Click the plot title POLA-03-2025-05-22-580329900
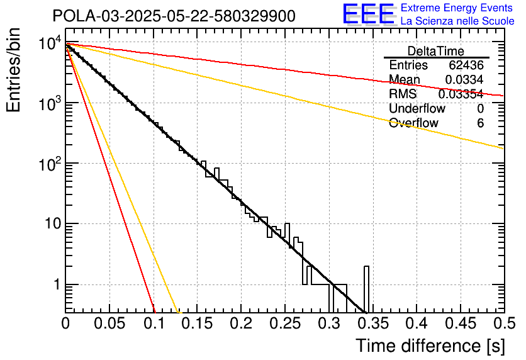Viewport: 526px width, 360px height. click(x=174, y=16)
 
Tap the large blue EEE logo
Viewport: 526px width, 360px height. click(x=367, y=14)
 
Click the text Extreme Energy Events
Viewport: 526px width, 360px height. click(x=457, y=8)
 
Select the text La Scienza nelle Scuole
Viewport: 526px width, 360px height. click(x=457, y=21)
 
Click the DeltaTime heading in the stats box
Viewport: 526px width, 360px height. click(x=436, y=51)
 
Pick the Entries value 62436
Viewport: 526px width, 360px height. click(x=466, y=65)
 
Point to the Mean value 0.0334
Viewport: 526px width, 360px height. click(x=464, y=80)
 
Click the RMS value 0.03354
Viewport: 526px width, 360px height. click(x=461, y=94)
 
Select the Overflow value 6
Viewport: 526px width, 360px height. click(x=480, y=123)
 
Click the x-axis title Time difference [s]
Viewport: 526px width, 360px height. click(x=430, y=346)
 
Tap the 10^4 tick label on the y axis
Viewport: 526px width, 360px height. click(x=48, y=43)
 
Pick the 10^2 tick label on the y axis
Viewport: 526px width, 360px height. click(x=48, y=164)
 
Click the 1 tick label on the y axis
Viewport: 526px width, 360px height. click(x=55, y=284)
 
